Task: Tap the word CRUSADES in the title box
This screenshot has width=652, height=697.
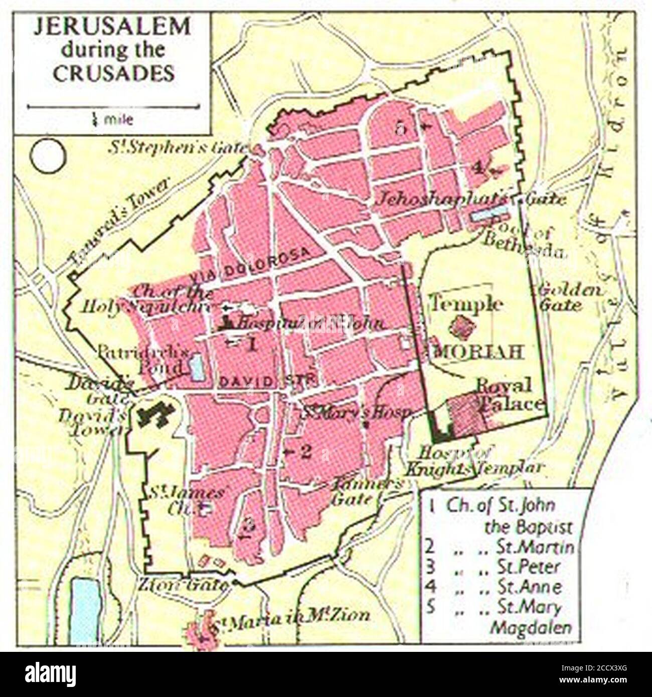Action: coord(114,74)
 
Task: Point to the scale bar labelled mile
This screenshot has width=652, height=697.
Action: coord(113,107)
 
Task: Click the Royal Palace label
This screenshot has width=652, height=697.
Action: coord(509,395)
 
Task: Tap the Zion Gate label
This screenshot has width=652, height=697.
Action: coord(183,584)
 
